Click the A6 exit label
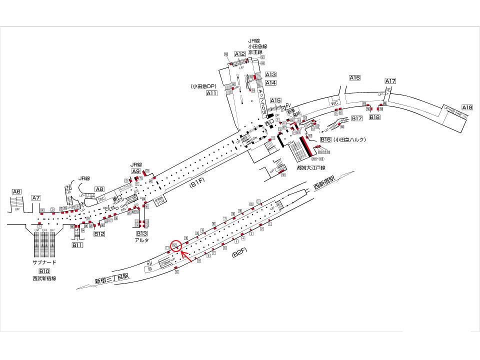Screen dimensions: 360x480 pos(17,191)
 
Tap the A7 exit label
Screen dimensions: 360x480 pos(35,198)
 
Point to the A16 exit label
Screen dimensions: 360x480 pos(354,78)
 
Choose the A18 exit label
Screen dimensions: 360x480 pos(467,107)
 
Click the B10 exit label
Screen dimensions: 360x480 pos(44,271)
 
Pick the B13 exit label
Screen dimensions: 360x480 pos(142,233)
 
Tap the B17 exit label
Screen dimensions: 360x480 pos(356,118)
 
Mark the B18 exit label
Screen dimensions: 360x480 pos(375,117)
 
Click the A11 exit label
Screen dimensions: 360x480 pos(212,93)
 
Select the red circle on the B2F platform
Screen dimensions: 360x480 pos(175,245)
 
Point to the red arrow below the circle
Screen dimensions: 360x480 pos(187,256)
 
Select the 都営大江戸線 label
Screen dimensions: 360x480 pos(311,168)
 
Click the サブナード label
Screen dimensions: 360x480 pos(44,262)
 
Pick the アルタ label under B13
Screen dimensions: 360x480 pos(142,240)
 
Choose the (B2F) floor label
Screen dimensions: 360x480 pos(239,255)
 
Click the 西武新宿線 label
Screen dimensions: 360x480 pos(44,278)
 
